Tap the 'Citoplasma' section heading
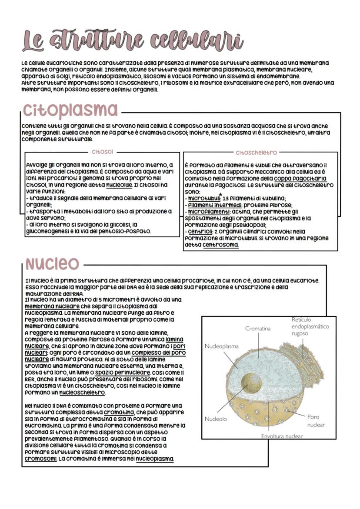point(70,110)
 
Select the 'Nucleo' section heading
point(52,263)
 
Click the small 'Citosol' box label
point(102,153)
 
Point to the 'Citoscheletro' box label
point(256,153)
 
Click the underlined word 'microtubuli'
point(203,199)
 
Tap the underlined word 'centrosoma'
point(220,245)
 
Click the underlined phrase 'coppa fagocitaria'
point(300,179)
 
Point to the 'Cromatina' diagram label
point(257,329)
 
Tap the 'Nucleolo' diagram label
point(216,419)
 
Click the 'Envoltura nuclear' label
point(282,436)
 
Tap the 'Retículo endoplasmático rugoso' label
point(310,326)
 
